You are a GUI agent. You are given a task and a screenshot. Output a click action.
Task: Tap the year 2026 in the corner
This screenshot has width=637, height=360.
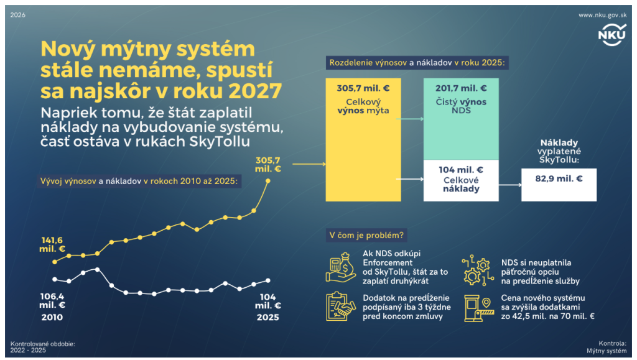point(19,15)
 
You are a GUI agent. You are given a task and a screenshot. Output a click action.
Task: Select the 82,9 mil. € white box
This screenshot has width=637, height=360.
point(559,185)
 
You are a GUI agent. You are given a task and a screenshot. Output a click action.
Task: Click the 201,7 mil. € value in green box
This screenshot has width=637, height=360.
point(460,89)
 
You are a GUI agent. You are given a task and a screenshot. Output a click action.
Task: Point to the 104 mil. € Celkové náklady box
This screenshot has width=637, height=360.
point(460,180)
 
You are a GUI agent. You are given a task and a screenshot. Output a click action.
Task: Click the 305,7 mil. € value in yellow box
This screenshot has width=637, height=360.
point(363,89)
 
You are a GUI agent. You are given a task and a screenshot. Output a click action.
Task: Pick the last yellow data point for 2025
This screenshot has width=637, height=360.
point(268,181)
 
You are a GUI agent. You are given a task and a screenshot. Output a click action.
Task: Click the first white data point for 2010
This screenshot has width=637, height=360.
point(55,279)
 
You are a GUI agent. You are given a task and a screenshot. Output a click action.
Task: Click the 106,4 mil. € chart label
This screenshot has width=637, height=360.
point(53,300)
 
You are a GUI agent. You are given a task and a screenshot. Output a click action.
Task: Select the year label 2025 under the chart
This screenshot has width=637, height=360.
point(268,317)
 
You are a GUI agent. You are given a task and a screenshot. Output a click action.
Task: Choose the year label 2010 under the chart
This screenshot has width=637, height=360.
point(53,317)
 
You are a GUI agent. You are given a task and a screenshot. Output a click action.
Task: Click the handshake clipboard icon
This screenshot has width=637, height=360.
point(341,306)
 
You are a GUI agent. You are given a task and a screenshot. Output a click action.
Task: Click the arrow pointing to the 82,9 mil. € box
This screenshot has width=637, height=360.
point(509,185)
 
